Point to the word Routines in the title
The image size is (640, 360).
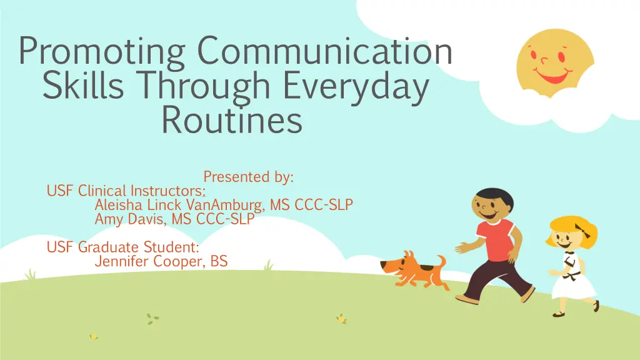[x=232, y=119]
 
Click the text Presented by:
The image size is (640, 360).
[x=249, y=177]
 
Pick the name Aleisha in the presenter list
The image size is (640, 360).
[x=118, y=204]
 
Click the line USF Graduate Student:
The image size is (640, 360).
[x=123, y=247]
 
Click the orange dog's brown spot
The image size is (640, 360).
[x=427, y=269]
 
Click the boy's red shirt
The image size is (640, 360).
[x=496, y=239]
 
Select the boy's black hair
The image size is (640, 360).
[x=494, y=196]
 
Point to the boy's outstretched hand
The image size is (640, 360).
[x=463, y=247]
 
